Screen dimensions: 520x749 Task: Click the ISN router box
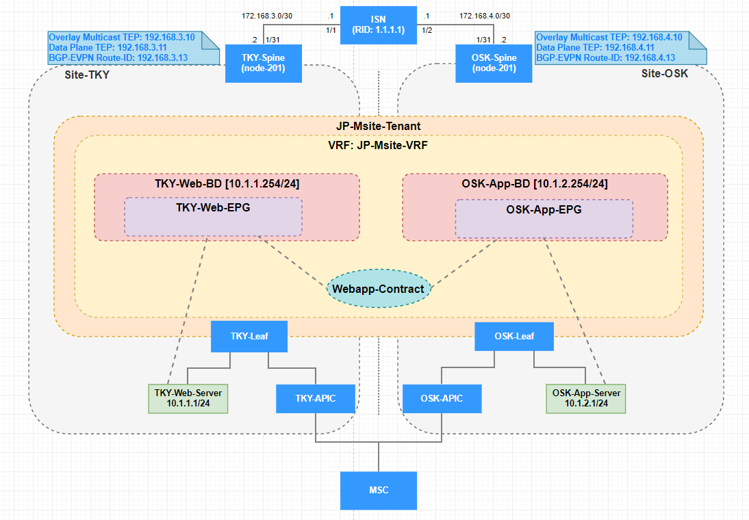[x=379, y=25]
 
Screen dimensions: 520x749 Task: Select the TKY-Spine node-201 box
[x=263, y=63]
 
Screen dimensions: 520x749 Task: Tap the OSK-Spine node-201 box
[x=494, y=63]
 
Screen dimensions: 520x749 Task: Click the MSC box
[x=379, y=490]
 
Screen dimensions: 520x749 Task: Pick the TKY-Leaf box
[x=249, y=336]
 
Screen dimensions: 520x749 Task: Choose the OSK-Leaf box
[x=514, y=336]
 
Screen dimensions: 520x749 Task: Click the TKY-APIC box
[x=316, y=398]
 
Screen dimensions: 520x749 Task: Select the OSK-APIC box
[x=441, y=398]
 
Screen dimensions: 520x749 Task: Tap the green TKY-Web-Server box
[x=189, y=398]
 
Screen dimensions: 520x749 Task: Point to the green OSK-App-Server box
[x=586, y=398]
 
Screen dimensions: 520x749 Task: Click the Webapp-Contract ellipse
[x=379, y=289]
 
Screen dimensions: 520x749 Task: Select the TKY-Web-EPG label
[x=212, y=208]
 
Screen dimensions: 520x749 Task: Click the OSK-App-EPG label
[x=544, y=209]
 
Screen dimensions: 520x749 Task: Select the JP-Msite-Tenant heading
[x=379, y=126]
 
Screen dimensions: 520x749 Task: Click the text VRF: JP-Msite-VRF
[x=379, y=145]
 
